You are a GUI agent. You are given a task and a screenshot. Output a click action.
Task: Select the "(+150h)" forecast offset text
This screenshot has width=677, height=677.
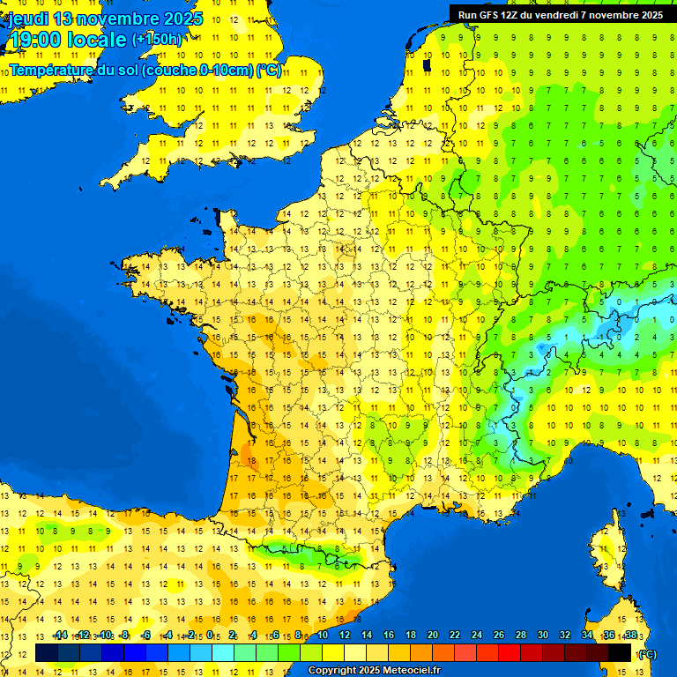coord(157,40)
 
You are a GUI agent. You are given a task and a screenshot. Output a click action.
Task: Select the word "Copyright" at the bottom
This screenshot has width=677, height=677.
coord(333,671)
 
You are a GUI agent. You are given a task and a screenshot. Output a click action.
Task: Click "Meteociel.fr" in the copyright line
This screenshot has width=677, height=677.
coord(407,671)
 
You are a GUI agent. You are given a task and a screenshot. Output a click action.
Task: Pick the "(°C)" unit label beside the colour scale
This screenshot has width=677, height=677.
coord(646,654)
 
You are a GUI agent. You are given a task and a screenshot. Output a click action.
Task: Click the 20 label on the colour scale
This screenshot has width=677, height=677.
coord(433,636)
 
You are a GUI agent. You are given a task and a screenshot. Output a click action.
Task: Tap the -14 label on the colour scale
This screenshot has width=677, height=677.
coord(60,636)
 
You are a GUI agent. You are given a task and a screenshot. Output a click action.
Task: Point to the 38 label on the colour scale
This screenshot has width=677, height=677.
coord(630,636)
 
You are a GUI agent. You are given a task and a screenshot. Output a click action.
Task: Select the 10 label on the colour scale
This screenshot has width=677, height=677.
coord(323,636)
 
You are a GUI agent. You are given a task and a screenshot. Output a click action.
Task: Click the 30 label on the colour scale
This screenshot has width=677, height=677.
coord(543,636)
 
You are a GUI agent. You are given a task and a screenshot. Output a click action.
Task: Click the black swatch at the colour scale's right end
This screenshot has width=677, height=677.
coord(620,653)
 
